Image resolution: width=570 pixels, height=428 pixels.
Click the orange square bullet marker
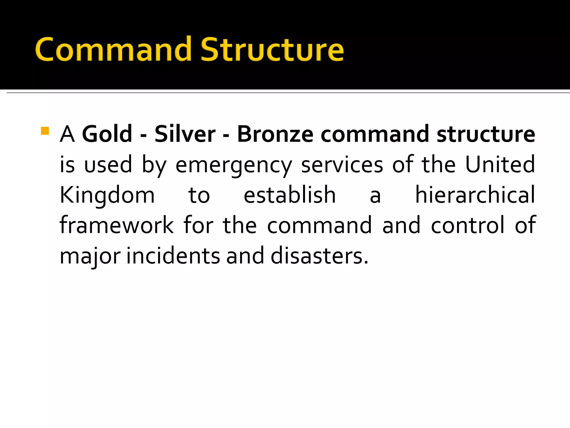(45, 131)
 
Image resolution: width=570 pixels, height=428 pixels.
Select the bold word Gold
(107, 134)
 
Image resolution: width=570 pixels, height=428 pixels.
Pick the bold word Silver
(185, 134)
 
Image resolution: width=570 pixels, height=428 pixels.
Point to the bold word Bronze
(275, 134)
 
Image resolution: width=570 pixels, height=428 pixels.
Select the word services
(342, 165)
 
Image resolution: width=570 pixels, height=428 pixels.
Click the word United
(500, 164)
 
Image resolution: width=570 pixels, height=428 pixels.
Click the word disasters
(320, 256)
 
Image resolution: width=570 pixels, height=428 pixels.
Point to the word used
(108, 164)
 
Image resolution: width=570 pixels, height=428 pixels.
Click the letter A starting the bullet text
(67, 134)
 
